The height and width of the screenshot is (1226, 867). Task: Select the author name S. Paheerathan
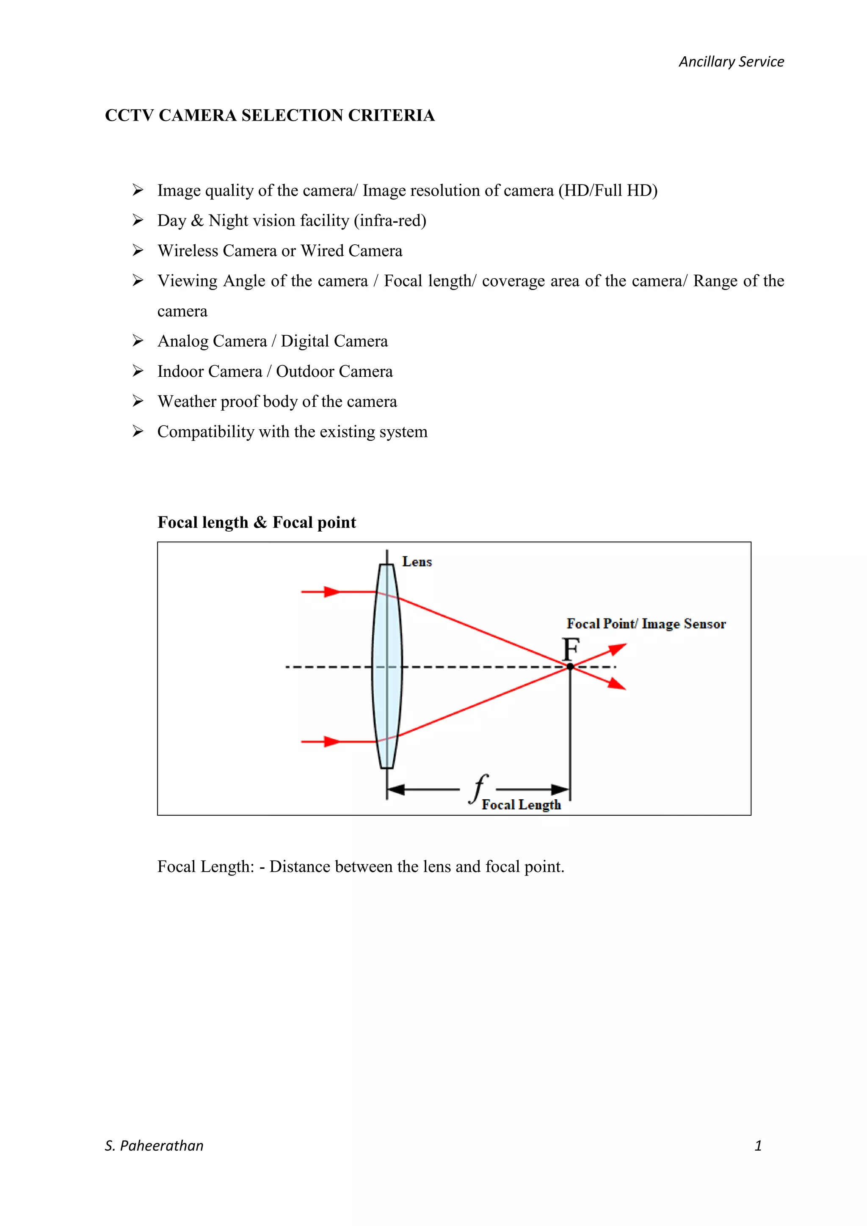[154, 1146]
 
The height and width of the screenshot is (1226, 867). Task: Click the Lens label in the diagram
[417, 562]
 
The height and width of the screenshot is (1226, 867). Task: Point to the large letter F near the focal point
[571, 649]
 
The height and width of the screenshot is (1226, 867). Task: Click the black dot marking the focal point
[570, 666]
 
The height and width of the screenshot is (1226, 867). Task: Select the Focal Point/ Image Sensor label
[646, 624]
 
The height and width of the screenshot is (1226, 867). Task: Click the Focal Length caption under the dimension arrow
[521, 805]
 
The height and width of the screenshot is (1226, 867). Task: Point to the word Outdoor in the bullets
[305, 371]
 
